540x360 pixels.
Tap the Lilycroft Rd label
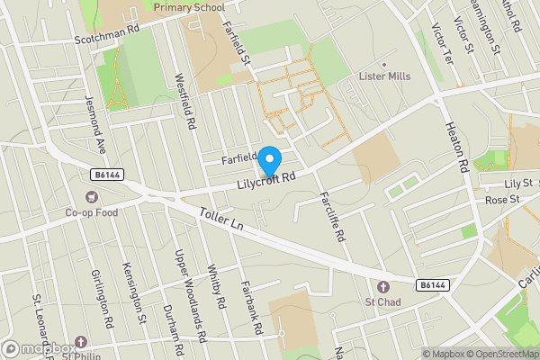(x=266, y=181)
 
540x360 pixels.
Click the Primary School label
(x=189, y=7)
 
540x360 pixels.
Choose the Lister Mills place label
(x=384, y=76)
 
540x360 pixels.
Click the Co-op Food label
(x=92, y=213)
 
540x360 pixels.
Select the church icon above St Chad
(x=382, y=286)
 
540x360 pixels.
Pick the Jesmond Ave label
(x=94, y=125)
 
